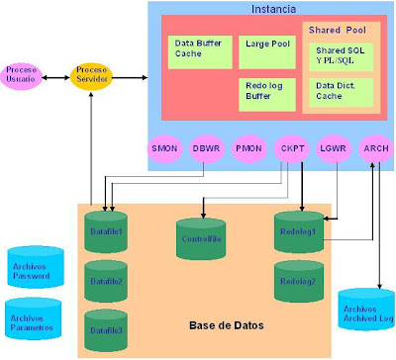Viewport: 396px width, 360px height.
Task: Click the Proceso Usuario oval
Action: coord(22,75)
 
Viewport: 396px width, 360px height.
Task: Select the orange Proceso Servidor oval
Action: coord(91,75)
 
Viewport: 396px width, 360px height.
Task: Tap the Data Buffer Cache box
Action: coord(197,49)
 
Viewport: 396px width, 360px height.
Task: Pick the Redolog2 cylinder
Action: coord(298,281)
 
